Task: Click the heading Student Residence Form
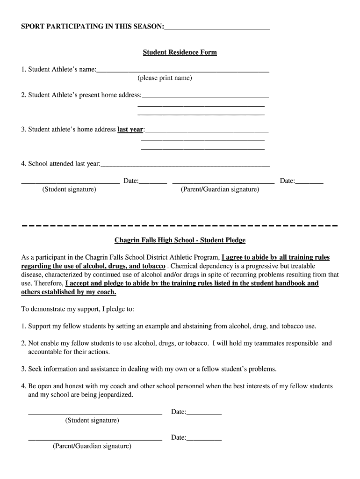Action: (x=180, y=52)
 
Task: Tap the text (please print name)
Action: (x=165, y=78)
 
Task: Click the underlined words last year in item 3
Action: (x=130, y=130)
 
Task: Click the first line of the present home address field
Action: (x=205, y=97)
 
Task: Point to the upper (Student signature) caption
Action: (x=69, y=189)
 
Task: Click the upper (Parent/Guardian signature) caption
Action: (x=220, y=189)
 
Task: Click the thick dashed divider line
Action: (x=180, y=226)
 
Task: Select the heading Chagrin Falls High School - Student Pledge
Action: (x=180, y=240)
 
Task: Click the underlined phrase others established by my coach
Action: (x=69, y=292)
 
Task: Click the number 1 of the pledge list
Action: (x=23, y=326)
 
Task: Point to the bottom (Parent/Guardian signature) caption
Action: (x=92, y=446)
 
